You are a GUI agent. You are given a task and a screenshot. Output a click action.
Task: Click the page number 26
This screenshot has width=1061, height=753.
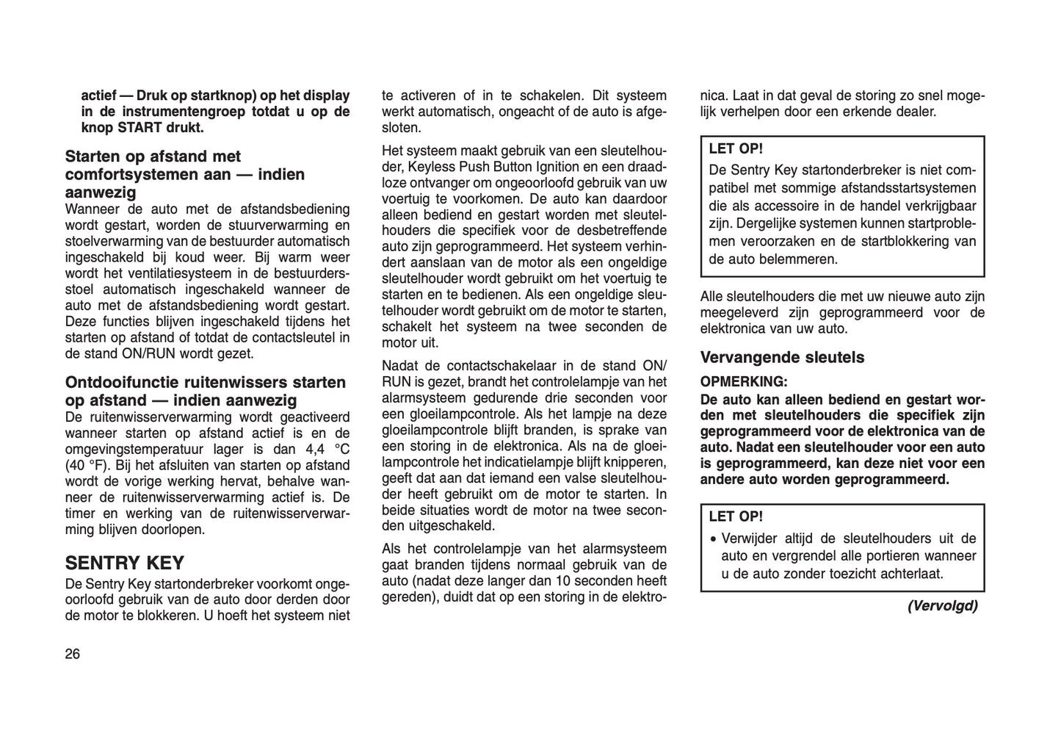point(73,655)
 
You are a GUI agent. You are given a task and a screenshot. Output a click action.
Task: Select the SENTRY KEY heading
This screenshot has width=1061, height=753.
point(124,563)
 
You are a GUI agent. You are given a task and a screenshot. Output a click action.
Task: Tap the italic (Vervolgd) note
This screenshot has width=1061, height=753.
point(942,606)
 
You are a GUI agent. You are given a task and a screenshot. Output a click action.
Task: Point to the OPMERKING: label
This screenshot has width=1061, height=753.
point(743,382)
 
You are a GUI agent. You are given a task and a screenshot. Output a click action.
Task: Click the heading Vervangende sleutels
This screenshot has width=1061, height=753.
point(781,358)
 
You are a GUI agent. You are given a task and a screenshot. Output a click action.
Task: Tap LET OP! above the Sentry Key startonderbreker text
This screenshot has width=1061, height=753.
point(736,148)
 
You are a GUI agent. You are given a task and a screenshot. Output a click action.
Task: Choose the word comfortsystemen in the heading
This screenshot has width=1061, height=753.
point(124,175)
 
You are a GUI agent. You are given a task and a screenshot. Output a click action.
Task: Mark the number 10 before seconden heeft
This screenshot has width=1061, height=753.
point(562,581)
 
